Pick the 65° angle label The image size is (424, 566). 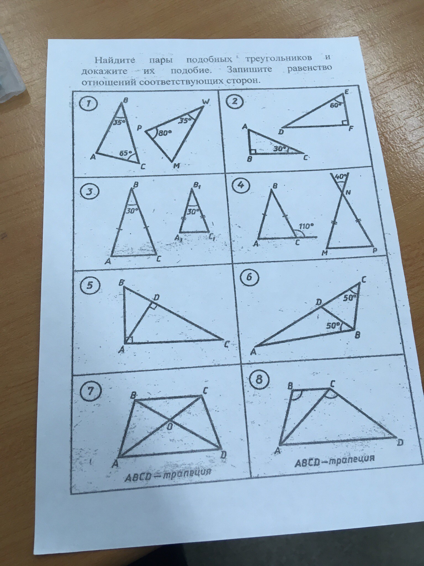point(126,153)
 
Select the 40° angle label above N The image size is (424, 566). point(339,176)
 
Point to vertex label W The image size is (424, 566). point(205,102)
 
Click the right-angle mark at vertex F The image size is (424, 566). point(344,122)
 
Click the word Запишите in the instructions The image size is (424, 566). point(250,69)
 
